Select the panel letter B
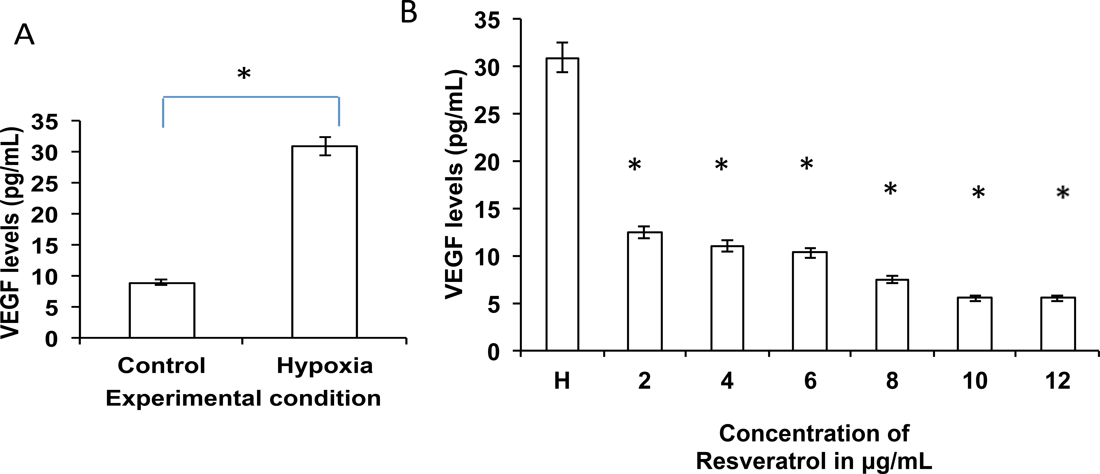(409, 13)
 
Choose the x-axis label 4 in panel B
(727, 380)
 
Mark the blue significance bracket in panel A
(251, 97)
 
